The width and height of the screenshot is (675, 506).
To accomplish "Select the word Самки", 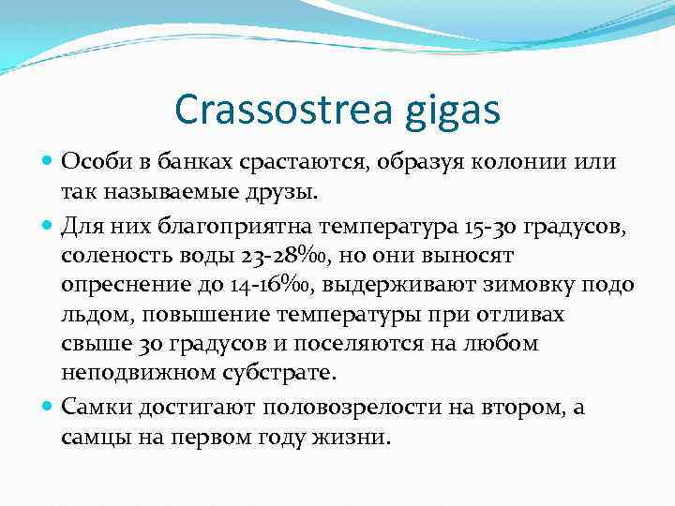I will point(97,407).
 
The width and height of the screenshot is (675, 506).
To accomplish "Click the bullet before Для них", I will point(48,224).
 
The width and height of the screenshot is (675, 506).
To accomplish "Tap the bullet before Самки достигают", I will point(48,407).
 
